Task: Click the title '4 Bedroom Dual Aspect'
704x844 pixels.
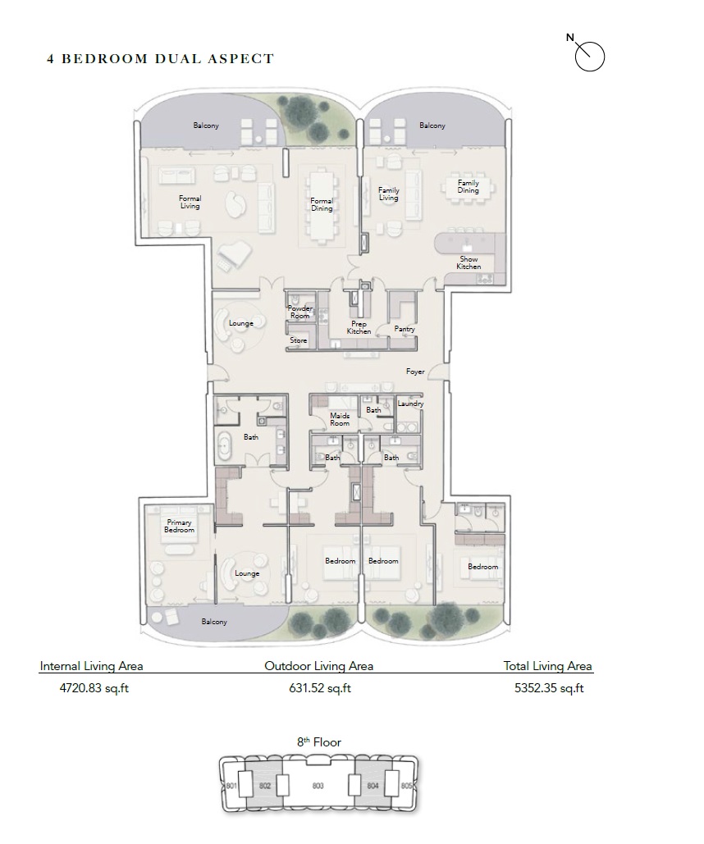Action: click(x=160, y=58)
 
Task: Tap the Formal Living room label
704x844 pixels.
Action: click(x=190, y=202)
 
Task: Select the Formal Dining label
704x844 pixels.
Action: click(x=322, y=204)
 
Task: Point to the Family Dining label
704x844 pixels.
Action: click(x=468, y=186)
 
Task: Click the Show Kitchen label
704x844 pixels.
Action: click(x=469, y=262)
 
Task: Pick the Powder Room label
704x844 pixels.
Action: click(x=299, y=312)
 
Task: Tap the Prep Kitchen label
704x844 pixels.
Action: click(x=359, y=327)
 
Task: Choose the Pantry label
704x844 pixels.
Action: click(x=405, y=329)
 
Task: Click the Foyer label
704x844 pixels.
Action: click(x=415, y=372)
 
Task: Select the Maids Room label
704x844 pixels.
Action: click(x=340, y=419)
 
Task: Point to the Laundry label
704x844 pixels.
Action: click(x=410, y=404)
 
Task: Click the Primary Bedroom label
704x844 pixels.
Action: click(x=180, y=526)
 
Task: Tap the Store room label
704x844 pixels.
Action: click(x=298, y=340)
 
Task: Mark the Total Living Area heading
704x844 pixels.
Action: click(x=547, y=666)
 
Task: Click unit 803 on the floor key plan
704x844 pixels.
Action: click(x=318, y=786)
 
